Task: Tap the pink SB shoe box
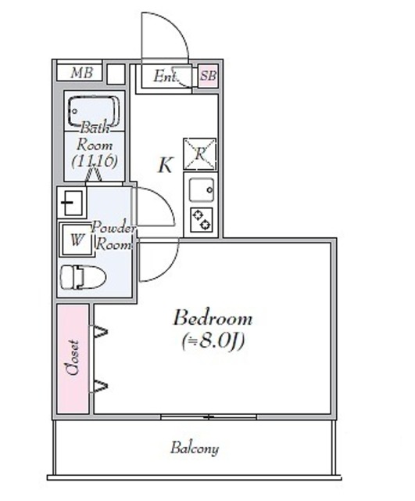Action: point(208,76)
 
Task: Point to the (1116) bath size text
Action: point(95,161)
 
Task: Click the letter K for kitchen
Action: point(165,165)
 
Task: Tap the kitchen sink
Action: point(199,189)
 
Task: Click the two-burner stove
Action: point(200,219)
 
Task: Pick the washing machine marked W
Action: point(77,240)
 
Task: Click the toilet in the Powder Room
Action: point(82,276)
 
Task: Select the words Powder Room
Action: point(113,235)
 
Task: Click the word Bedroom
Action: point(213,319)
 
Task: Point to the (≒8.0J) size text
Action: point(213,341)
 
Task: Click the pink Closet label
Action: point(73,358)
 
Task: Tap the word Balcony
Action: point(194,449)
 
